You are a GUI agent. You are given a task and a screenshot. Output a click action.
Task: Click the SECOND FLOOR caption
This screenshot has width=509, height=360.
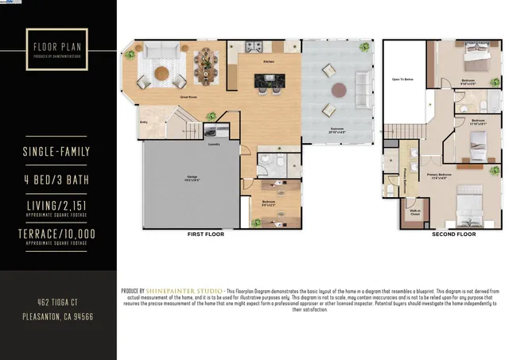pos(454,234)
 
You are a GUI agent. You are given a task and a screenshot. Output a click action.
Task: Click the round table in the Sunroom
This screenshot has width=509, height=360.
pos(339,89)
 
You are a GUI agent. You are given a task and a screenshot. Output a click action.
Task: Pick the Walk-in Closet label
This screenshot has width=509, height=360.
pos(414,212)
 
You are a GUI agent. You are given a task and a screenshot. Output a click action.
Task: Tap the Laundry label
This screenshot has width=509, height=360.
pos(214,145)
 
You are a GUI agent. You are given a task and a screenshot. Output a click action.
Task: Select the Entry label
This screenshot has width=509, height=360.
pos(145,122)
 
